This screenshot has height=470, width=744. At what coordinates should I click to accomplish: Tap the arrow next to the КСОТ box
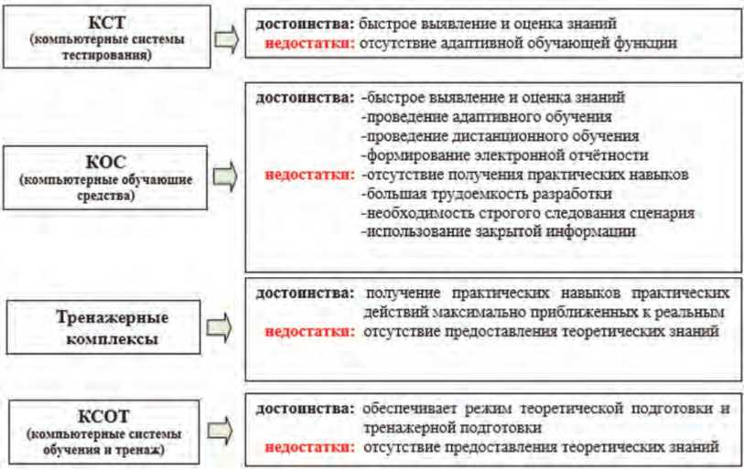pyautogui.click(x=221, y=428)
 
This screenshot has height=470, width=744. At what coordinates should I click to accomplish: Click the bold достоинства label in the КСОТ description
pyautogui.click(x=304, y=407)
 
